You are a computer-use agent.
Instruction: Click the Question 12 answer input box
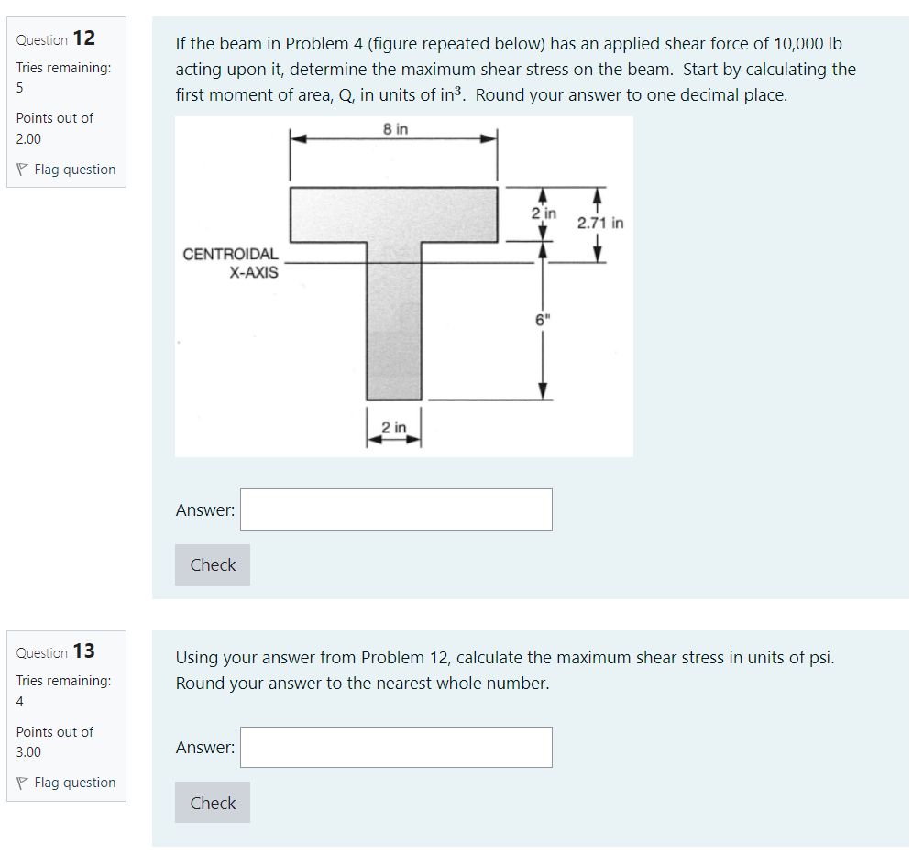coord(396,509)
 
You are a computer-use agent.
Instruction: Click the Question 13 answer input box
coord(396,747)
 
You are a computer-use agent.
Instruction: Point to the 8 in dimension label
coord(396,130)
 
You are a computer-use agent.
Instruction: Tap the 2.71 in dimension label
coord(600,223)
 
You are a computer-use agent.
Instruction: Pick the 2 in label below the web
coord(394,428)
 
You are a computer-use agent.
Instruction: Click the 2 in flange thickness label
coord(544,213)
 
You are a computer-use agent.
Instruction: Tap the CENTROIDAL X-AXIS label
coord(231,263)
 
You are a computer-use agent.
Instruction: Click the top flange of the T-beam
coord(393,213)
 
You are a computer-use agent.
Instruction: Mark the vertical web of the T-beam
coord(394,321)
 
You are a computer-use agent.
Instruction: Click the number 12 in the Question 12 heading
coord(83,38)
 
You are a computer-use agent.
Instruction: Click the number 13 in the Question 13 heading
coord(83,651)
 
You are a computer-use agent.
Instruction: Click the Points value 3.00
coord(28,751)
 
